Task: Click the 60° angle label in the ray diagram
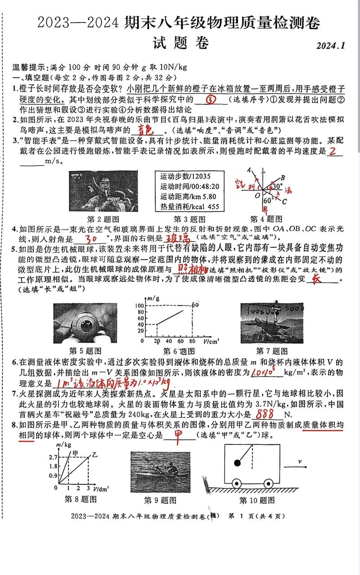coord(269,200)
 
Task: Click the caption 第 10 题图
coord(256,500)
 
